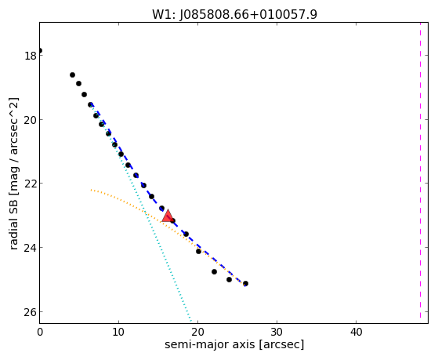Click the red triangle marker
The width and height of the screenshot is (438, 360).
tap(168, 216)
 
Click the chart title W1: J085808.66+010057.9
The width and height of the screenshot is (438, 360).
tap(234, 14)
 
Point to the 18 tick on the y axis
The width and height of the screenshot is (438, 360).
tap(31, 56)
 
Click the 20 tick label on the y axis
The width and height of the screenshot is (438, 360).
tap(31, 120)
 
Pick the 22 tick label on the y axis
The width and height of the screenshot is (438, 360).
tap(31, 184)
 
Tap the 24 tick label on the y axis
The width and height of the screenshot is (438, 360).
tap(31, 248)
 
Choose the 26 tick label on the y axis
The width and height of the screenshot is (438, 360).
tap(31, 312)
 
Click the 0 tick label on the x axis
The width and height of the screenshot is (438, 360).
tap(40, 332)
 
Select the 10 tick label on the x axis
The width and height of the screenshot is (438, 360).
tap(119, 332)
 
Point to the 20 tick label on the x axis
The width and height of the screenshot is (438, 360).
tap(197, 332)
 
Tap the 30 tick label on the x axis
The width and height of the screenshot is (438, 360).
tap(277, 332)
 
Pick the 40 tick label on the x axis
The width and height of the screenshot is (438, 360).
tap(357, 332)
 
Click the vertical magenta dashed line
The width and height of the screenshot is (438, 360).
tap(420, 173)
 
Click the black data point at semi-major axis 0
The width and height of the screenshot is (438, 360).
tap(40, 51)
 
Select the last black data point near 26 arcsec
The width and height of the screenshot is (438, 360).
tap(245, 284)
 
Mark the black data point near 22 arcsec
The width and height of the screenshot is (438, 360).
tap(214, 271)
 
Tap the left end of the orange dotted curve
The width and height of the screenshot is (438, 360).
tap(91, 190)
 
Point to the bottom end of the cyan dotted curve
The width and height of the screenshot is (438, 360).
tap(191, 321)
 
